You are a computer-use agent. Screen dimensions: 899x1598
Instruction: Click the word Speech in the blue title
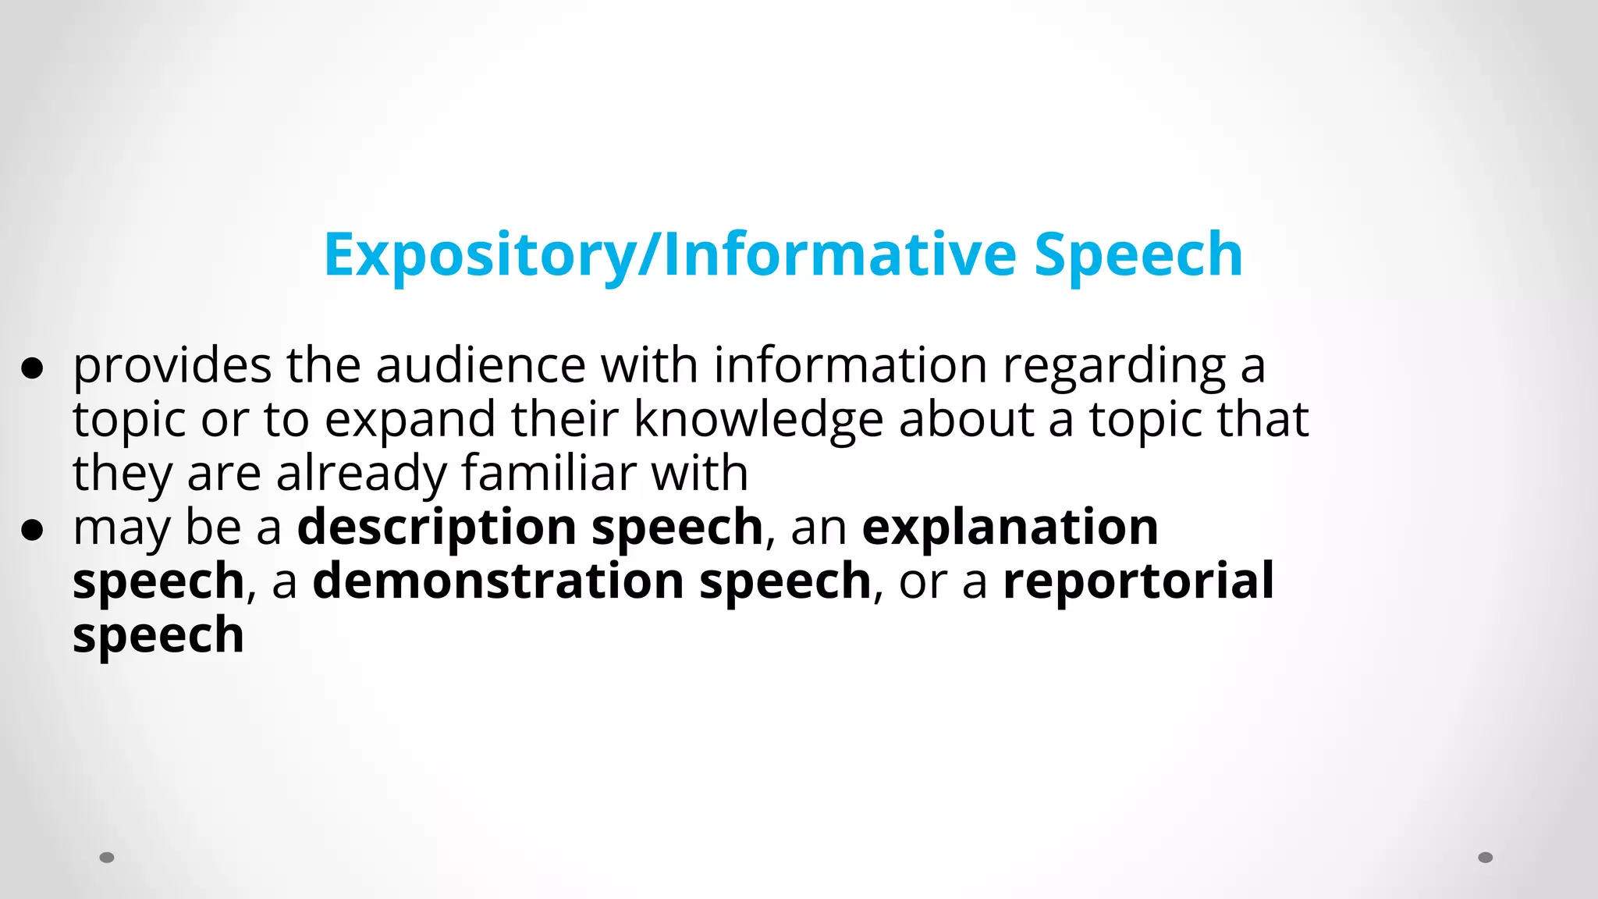point(1138,255)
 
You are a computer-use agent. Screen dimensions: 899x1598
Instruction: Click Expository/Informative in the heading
point(669,255)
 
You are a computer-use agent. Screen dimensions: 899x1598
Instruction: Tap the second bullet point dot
point(32,530)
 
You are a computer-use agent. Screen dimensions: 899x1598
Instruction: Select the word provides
point(172,366)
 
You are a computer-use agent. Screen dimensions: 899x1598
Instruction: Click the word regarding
point(1114,366)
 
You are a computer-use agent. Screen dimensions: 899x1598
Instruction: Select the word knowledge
point(758,420)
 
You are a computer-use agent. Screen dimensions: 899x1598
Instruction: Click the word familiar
point(549,473)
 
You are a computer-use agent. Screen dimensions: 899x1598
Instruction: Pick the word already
point(360,474)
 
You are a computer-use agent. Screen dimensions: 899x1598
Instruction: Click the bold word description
point(437,528)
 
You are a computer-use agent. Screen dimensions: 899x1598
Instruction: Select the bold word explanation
point(1010,528)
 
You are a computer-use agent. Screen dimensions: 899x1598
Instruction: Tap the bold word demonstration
point(499,582)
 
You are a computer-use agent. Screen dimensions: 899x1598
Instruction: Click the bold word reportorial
point(1138,582)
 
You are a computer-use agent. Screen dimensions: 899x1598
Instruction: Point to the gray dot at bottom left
point(107,858)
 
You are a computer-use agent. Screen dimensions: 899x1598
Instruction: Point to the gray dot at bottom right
point(1486,858)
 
